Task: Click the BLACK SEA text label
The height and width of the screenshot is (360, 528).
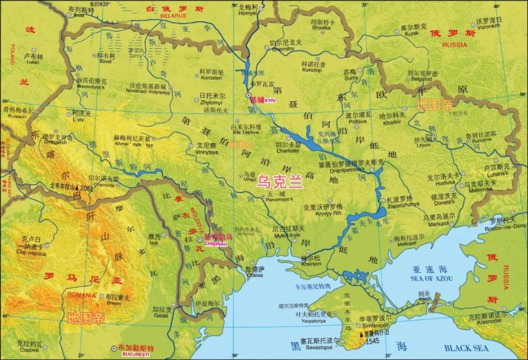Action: point(466,348)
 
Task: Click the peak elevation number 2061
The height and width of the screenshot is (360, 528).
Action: point(85,188)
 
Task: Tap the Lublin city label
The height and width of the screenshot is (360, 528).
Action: point(32,63)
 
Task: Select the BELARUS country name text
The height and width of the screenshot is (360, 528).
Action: point(174,16)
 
